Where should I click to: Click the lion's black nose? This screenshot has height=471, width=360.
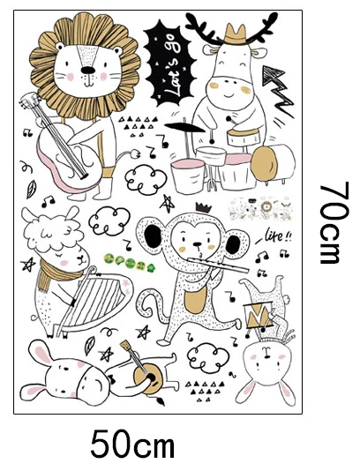(87, 71)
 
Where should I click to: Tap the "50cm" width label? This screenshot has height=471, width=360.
(132, 444)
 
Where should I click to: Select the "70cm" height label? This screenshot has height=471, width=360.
(334, 223)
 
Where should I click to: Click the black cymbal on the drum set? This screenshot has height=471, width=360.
(184, 127)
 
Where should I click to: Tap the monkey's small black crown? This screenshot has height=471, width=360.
(204, 207)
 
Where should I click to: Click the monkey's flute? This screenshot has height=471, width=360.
(218, 265)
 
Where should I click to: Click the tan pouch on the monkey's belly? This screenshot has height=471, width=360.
(195, 302)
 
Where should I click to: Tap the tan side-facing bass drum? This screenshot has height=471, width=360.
(265, 164)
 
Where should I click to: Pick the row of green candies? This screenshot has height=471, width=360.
(129, 261)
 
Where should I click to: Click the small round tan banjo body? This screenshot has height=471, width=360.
(148, 378)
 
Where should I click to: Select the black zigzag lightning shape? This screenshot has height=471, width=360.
(277, 91)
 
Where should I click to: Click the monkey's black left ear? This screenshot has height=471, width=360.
(154, 236)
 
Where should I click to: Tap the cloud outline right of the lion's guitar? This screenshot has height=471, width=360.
(146, 180)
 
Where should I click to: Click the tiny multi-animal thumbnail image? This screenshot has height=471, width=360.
(260, 208)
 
